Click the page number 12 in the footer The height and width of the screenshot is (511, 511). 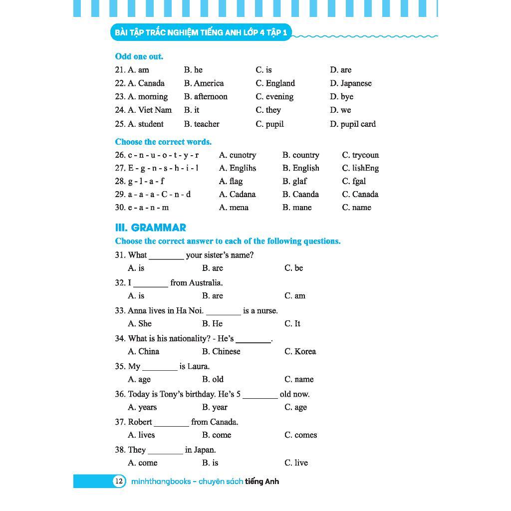(x=118, y=482)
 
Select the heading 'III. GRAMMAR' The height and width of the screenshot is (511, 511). (x=151, y=228)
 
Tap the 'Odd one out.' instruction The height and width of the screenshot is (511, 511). (x=139, y=57)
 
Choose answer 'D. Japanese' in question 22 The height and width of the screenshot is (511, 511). (x=350, y=83)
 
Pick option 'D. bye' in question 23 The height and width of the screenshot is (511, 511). (x=341, y=97)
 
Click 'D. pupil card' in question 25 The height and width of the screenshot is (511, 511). (x=352, y=124)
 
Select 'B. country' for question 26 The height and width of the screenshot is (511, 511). (x=300, y=155)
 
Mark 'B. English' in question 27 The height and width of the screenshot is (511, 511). (x=300, y=168)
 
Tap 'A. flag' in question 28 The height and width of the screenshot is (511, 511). (x=231, y=181)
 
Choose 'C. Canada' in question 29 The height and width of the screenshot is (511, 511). (x=360, y=194)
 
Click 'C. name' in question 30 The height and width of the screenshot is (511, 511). (x=356, y=208)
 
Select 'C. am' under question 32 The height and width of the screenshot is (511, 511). (x=294, y=296)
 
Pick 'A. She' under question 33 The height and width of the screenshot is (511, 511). (x=140, y=324)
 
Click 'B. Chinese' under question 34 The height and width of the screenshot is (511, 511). (x=221, y=352)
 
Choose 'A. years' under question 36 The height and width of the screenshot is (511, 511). (x=142, y=407)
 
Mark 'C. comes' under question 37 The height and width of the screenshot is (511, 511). (x=300, y=435)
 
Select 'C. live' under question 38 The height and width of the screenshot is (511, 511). (x=296, y=463)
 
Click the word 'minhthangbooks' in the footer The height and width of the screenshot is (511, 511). (x=161, y=482)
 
